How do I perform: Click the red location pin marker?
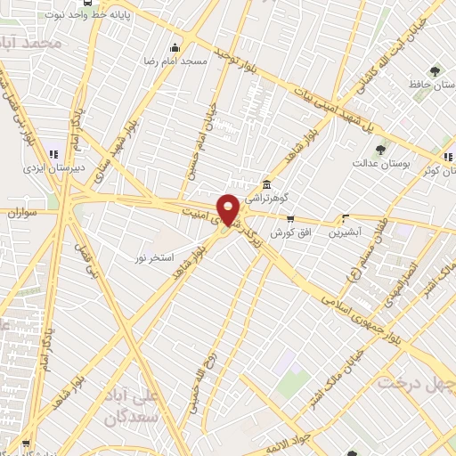(x=229, y=208)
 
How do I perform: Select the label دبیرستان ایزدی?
(x=53, y=166)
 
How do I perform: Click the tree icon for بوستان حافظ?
(x=435, y=71)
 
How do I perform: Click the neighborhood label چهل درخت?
(x=416, y=383)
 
